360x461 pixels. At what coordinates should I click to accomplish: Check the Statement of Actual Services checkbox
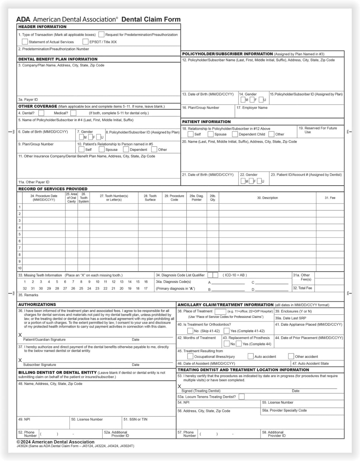coord(25,41)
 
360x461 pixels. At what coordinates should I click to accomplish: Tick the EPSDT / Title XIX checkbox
coord(85,41)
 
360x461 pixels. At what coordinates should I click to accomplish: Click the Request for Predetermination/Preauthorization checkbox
coord(101,34)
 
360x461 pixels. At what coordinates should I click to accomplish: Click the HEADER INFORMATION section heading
coord(42,27)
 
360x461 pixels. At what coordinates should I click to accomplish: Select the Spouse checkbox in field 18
coord(211,134)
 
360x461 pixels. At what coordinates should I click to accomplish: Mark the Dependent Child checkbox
coord(235,134)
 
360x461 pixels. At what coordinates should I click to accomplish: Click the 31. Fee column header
coord(330,198)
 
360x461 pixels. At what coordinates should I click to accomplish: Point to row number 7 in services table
coord(20,248)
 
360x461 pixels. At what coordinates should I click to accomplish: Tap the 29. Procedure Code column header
coord(174,198)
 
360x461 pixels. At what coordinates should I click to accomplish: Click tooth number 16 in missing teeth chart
coord(146,282)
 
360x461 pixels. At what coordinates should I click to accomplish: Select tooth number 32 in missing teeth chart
coord(25,289)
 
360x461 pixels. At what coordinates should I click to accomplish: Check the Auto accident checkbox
coord(251,356)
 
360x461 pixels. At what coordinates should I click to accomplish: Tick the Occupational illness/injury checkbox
coord(190,356)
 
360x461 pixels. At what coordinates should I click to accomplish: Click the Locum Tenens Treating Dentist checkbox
coord(241,396)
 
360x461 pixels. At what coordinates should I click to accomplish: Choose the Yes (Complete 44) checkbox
coord(239,344)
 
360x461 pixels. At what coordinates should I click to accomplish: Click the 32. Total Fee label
coord(302,288)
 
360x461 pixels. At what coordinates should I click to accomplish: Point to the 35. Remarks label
coord(28,295)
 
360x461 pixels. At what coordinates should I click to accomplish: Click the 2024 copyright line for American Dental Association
coord(56,442)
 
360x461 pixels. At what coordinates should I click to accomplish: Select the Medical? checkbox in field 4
coord(73,113)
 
